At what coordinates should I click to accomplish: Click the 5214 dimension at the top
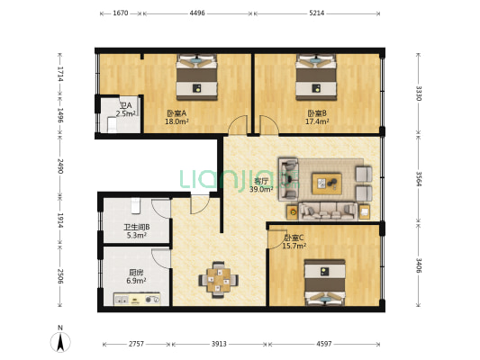click(x=316, y=13)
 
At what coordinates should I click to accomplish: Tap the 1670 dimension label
click(x=121, y=13)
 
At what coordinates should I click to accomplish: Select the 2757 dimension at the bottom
click(x=136, y=344)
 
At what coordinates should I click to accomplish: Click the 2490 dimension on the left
click(x=60, y=166)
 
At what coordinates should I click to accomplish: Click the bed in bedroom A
click(x=197, y=77)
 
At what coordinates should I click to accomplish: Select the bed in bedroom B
click(x=316, y=77)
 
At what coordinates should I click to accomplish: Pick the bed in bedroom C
click(x=325, y=283)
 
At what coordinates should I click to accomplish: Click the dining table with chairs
click(x=218, y=280)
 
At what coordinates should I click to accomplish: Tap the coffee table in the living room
click(x=327, y=184)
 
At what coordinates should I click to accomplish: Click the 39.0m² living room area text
click(x=261, y=190)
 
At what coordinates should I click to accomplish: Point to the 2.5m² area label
click(x=126, y=113)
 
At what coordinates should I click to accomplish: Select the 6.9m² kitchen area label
click(x=136, y=281)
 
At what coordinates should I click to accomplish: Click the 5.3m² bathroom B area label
click(x=136, y=235)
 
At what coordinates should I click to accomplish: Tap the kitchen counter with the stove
click(x=137, y=299)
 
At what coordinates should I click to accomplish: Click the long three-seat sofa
click(x=328, y=211)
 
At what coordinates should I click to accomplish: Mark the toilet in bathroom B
click(x=135, y=205)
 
